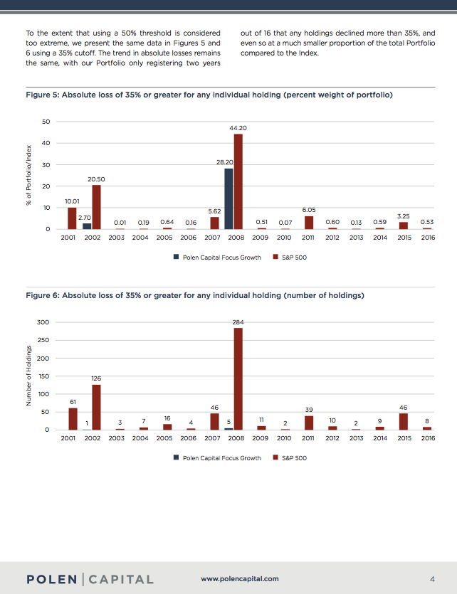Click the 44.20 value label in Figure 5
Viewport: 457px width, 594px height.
pos(238,127)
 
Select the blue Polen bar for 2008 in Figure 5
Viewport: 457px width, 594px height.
pos(228,198)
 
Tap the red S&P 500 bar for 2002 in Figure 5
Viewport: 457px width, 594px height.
pos(96,206)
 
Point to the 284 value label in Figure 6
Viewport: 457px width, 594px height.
pos(238,322)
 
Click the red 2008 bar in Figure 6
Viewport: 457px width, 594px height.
pos(238,378)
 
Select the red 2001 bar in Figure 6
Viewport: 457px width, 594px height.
pos(72,418)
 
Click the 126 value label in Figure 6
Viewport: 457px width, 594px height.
pos(96,378)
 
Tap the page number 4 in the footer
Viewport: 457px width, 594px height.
pos(432,578)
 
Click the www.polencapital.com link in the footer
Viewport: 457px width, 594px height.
pos(240,579)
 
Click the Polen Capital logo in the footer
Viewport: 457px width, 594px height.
pos(90,579)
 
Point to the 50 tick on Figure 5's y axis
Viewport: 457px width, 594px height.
pos(46,122)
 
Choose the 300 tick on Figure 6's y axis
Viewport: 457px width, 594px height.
pos(43,322)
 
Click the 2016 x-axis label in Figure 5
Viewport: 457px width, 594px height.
pos(428,238)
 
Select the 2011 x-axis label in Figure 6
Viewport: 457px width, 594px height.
pos(308,438)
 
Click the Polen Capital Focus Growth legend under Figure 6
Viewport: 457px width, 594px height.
pos(217,458)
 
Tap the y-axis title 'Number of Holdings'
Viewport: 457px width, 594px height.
pos(29,376)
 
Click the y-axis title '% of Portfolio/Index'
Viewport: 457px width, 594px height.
pos(29,175)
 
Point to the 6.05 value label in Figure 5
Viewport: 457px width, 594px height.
pos(308,210)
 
